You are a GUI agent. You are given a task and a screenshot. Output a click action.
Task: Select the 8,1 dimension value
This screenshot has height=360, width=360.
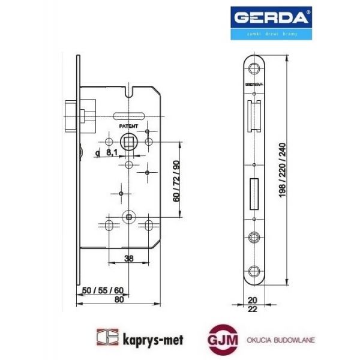[x=112, y=153]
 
